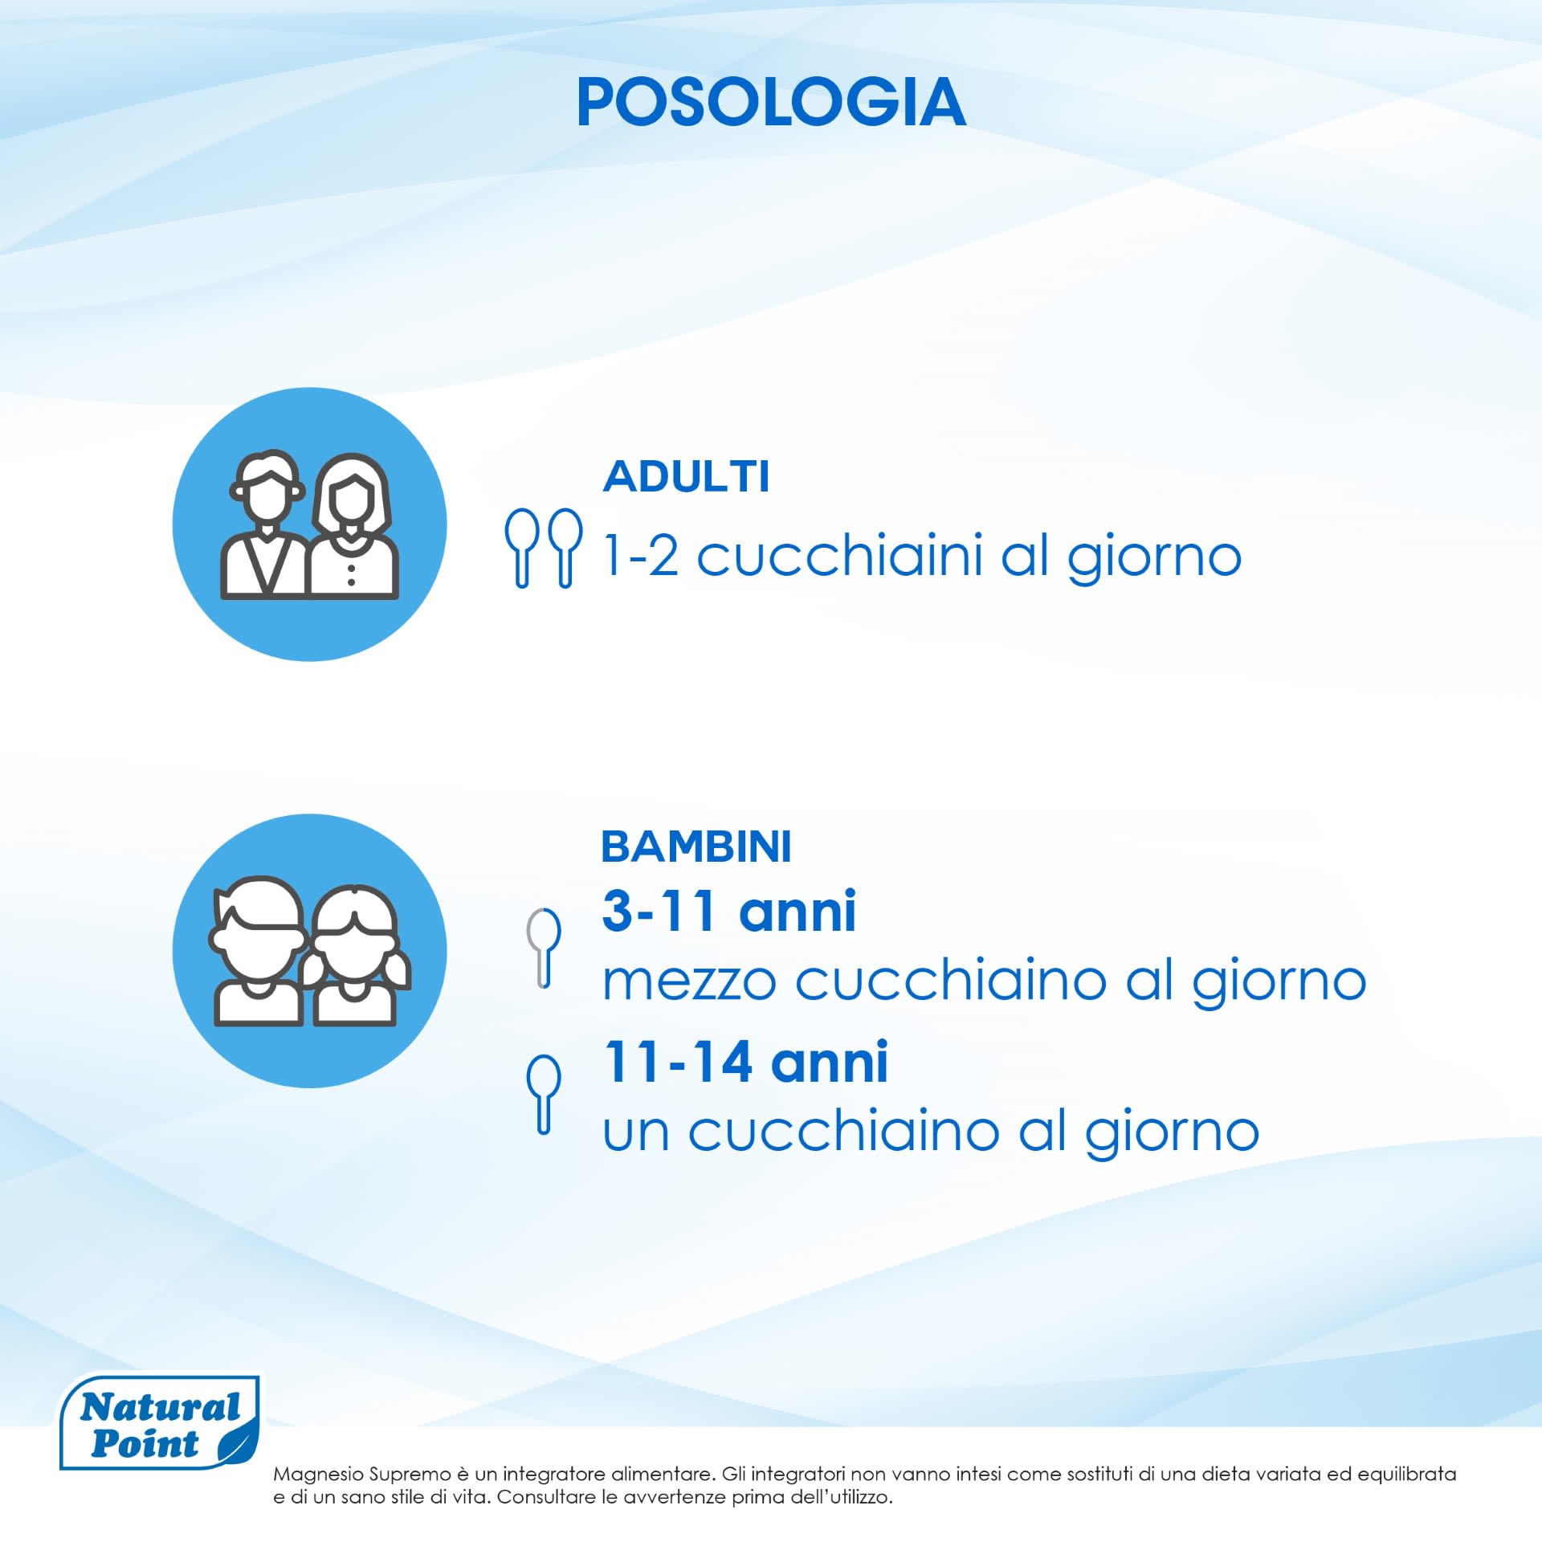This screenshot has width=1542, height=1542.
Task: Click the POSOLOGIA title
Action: [x=771, y=102]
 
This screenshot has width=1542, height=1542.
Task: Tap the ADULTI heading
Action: [x=687, y=476]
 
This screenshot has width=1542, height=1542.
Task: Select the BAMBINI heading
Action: [x=696, y=846]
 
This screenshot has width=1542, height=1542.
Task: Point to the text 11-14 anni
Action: [x=746, y=1062]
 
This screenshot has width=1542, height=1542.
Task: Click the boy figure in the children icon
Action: [x=257, y=951]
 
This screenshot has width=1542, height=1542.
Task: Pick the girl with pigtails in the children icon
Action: [x=356, y=957]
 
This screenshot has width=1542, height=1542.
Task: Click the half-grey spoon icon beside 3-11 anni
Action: [x=544, y=948]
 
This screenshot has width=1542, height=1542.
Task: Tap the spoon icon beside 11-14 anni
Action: [x=544, y=1094]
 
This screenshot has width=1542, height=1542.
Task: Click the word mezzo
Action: [x=689, y=981]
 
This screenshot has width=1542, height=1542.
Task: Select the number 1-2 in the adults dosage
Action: [x=642, y=556]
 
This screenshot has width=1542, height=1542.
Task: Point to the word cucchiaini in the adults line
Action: [x=839, y=555]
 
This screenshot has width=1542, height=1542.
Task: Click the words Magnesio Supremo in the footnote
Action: [x=362, y=1475]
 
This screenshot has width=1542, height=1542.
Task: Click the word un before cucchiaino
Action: [x=636, y=1132]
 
